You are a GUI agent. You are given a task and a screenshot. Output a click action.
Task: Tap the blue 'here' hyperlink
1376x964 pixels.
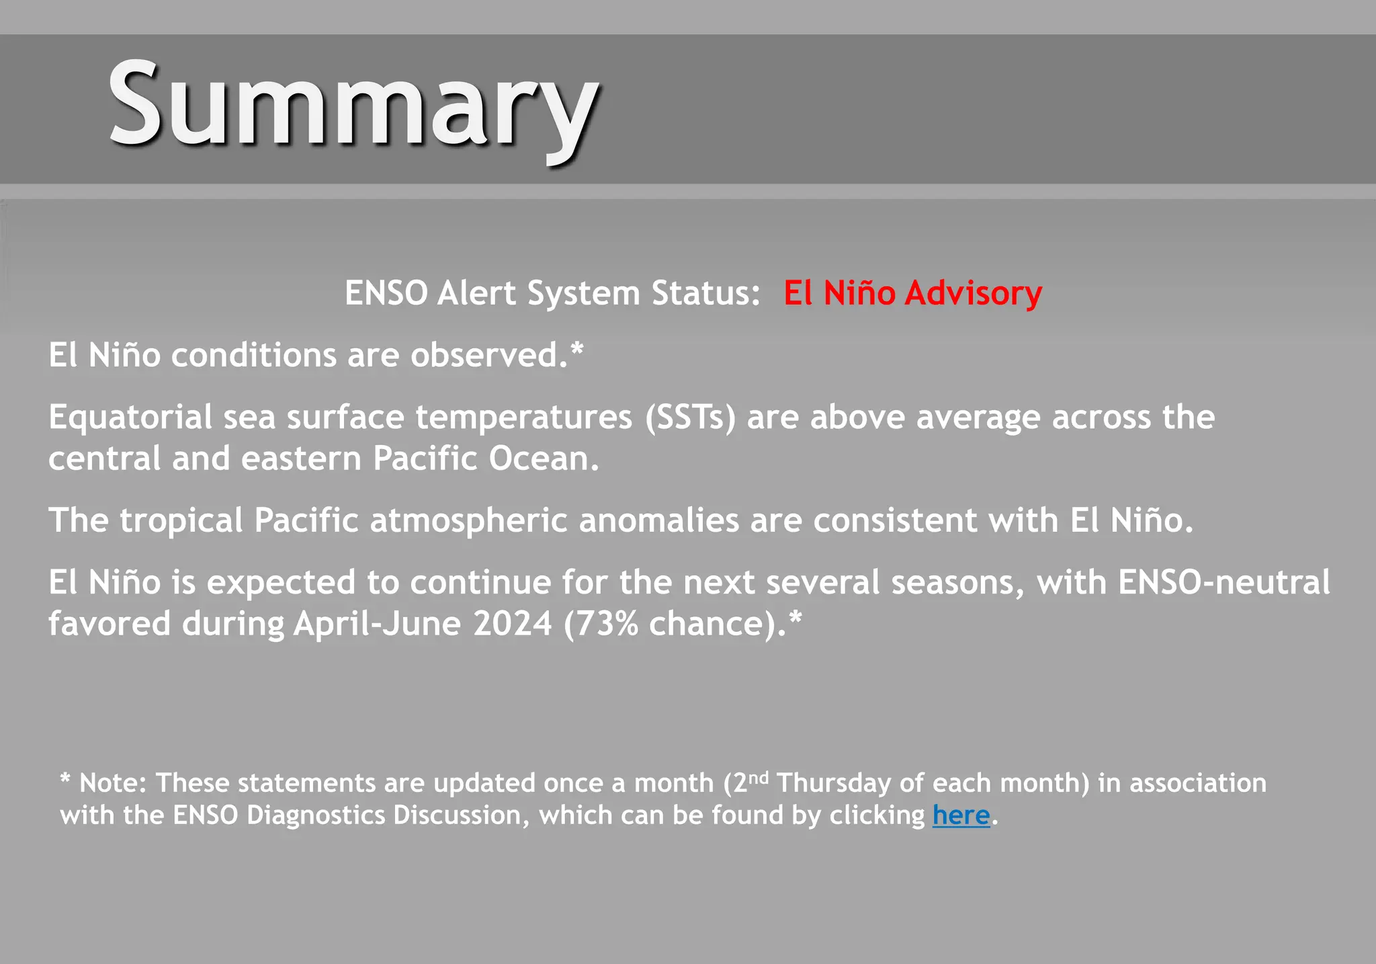(961, 815)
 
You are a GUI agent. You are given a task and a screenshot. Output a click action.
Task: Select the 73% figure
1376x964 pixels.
(607, 623)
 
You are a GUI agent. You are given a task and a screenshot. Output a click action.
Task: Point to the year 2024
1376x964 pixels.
(513, 623)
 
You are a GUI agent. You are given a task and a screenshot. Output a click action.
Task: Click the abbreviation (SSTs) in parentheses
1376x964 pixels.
(690, 417)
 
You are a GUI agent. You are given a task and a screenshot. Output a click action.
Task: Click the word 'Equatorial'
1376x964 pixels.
(130, 417)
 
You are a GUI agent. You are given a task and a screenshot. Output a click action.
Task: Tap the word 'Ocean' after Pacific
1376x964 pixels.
(543, 458)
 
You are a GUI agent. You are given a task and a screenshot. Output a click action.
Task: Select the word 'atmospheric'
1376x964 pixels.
(468, 520)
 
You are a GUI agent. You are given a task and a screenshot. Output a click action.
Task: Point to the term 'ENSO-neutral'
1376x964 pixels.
(1223, 582)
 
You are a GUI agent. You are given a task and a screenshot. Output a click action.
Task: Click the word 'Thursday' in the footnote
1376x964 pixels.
(834, 783)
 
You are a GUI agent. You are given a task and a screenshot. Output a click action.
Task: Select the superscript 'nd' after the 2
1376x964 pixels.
(758, 778)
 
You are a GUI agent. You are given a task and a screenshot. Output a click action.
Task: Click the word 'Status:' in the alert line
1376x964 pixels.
(705, 294)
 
